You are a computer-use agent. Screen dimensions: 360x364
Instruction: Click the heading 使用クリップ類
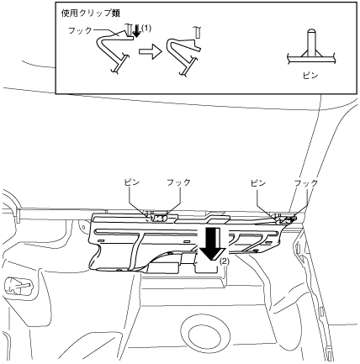coord(91,13)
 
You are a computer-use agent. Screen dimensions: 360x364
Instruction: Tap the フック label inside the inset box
coord(80,30)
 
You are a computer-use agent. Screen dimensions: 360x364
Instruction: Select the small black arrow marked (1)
coord(137,31)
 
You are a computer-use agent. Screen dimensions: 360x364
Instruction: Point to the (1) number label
coord(146,28)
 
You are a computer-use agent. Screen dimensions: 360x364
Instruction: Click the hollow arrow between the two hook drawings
coord(151,51)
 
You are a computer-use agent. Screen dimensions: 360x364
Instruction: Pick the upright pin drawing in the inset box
coord(311,48)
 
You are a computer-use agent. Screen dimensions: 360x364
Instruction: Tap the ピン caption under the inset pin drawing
coord(311,76)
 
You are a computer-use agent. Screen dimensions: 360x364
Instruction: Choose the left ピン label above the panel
coord(132,182)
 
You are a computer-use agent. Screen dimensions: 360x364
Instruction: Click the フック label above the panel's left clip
coord(178,182)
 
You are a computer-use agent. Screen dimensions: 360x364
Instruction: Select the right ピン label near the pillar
coord(258,183)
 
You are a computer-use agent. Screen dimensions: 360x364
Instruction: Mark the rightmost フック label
coord(306,183)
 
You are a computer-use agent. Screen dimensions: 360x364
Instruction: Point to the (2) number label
coord(225,261)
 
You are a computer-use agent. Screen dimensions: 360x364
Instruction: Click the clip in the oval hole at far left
coord(19,287)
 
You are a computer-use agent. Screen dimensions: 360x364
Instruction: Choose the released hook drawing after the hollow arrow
coord(183,56)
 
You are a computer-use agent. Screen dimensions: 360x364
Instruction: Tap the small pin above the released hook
coord(197,32)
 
